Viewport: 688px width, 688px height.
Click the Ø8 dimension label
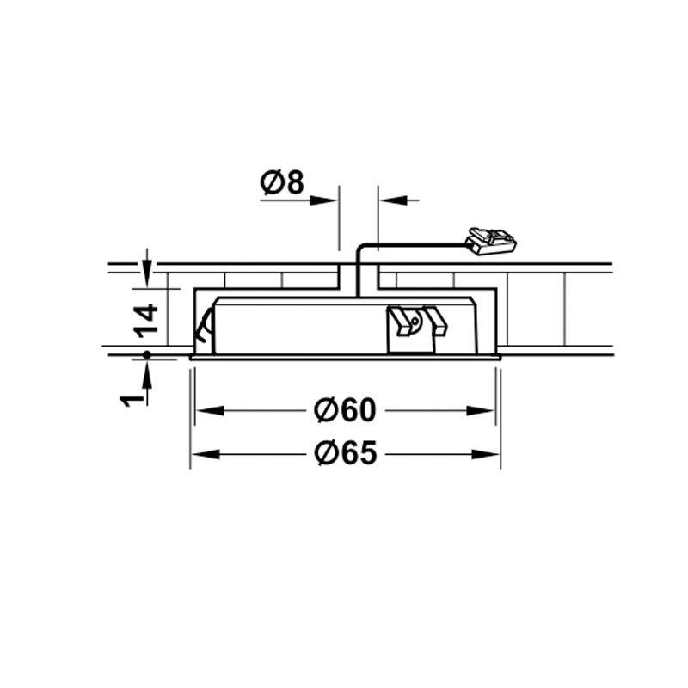click(282, 182)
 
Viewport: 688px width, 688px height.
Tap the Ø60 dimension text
click(346, 410)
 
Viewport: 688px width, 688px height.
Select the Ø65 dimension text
click(346, 453)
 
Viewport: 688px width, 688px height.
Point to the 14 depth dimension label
click(145, 321)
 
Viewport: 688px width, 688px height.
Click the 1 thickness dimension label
click(132, 400)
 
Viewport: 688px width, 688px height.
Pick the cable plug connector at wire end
click(491, 241)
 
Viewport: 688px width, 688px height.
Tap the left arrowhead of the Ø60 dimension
click(210, 411)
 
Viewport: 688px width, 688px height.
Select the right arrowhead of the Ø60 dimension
click(480, 411)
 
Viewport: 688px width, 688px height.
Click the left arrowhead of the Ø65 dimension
click(206, 454)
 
